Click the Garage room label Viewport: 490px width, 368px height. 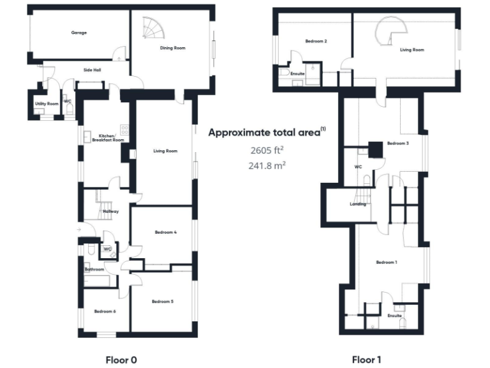(x=78, y=33)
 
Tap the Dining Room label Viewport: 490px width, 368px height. (x=172, y=48)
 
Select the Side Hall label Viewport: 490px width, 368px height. (x=93, y=69)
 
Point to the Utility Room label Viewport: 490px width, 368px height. (x=47, y=103)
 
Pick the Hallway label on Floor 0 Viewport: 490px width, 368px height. (x=110, y=211)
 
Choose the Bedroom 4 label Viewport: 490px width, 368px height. (x=165, y=232)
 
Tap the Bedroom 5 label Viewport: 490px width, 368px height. (x=162, y=301)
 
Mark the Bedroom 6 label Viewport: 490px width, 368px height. (x=105, y=311)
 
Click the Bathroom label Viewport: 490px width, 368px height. (x=94, y=270)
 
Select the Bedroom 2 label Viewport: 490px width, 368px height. (x=316, y=42)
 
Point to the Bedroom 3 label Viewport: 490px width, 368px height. (x=397, y=144)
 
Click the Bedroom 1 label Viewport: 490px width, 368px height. (x=386, y=263)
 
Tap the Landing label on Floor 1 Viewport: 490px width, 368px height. (x=358, y=204)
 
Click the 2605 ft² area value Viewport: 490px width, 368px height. (x=267, y=151)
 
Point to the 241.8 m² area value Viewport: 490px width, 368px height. (x=267, y=165)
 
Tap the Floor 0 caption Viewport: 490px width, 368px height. (x=121, y=360)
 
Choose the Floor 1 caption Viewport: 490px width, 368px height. (x=366, y=360)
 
